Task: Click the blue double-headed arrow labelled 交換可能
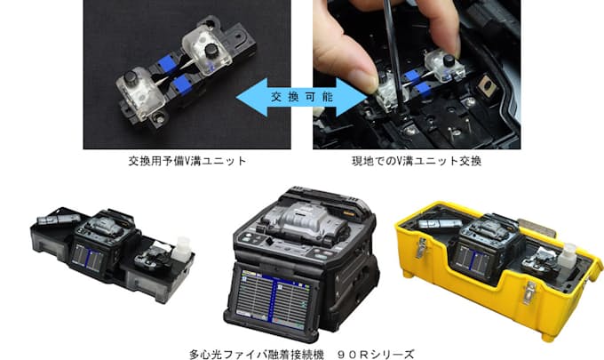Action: (301, 97)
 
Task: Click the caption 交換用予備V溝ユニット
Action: (187, 161)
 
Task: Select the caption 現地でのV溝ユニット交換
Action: (417, 161)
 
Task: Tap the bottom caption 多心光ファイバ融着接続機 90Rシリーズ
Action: (302, 354)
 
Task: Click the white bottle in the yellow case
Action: (568, 255)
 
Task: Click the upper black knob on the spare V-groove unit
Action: (211, 50)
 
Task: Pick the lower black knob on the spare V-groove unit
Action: (131, 77)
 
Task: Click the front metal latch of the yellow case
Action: (529, 292)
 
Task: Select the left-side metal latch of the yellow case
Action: (421, 247)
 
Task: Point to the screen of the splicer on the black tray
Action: (87, 257)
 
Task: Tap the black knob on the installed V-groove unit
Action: (448, 60)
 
